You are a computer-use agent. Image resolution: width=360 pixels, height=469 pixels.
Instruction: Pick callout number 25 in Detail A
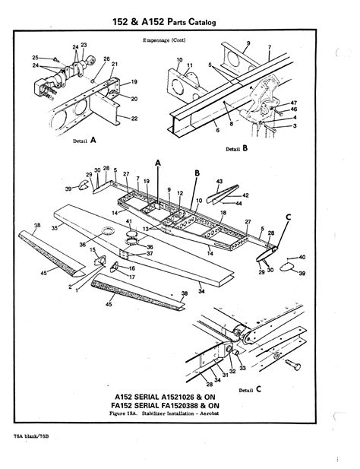pyautogui.click(x=35, y=58)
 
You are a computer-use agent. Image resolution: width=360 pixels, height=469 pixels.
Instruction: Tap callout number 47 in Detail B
pyautogui.click(x=295, y=102)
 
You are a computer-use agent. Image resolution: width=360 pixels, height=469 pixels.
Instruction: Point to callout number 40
pyautogui.click(x=302, y=258)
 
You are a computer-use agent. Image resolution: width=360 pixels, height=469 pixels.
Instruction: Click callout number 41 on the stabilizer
pyautogui.click(x=130, y=222)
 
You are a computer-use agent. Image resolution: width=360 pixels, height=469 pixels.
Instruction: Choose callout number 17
pyautogui.click(x=133, y=277)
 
